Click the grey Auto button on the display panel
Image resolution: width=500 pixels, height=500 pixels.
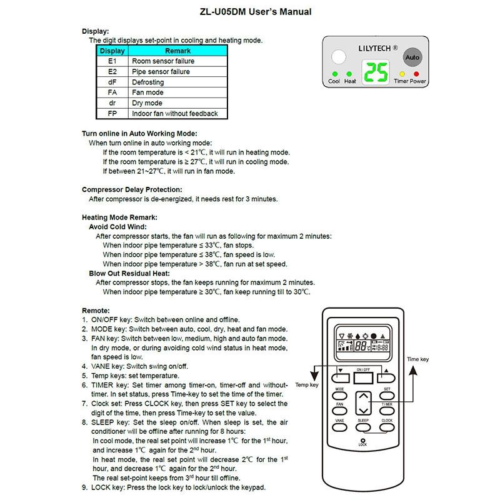tap(412, 57)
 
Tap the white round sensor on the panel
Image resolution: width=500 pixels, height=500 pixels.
tap(338, 58)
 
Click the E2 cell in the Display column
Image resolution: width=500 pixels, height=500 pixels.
tap(112, 72)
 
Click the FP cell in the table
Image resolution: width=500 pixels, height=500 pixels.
tap(112, 114)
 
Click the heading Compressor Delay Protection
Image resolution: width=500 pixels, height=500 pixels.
tap(132, 189)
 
